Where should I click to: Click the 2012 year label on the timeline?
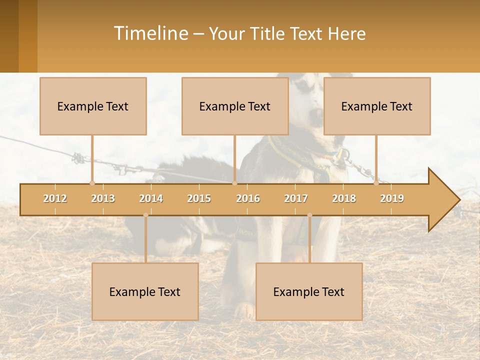click(55, 198)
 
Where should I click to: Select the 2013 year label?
click(103, 198)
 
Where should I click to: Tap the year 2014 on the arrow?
click(151, 198)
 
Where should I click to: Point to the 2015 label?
click(199, 198)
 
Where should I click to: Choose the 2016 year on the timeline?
click(248, 198)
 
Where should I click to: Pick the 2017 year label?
click(296, 198)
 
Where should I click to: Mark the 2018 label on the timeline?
click(344, 198)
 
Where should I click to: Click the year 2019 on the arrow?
click(392, 198)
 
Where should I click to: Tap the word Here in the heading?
click(346, 33)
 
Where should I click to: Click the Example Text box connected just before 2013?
click(93, 106)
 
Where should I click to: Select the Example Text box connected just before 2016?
click(235, 106)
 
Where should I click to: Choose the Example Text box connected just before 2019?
click(377, 106)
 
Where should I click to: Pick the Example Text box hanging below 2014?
click(145, 291)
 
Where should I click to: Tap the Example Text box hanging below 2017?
click(309, 291)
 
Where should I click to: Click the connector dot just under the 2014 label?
click(145, 215)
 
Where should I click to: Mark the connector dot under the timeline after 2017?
click(309, 215)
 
